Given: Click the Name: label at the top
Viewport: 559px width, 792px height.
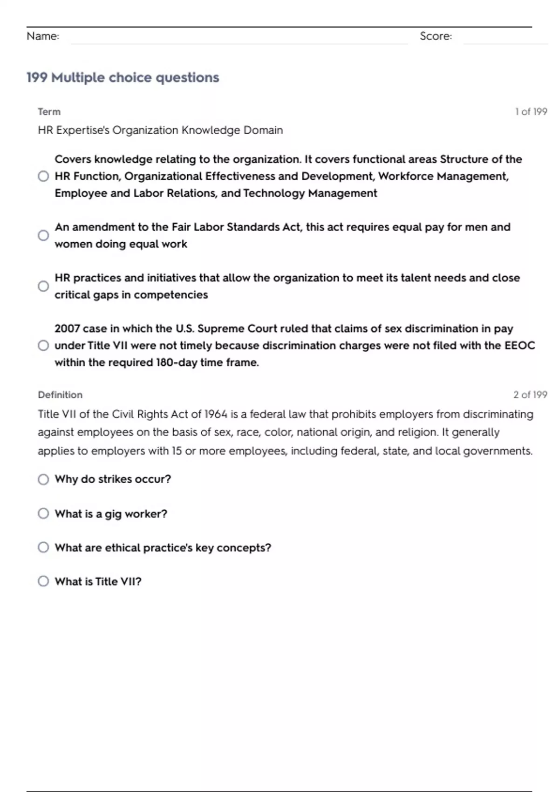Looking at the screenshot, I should pyautogui.click(x=43, y=36).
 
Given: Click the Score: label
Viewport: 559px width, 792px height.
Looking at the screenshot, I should pyautogui.click(x=436, y=36).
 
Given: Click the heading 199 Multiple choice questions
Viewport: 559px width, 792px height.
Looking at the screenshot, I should pyautogui.click(x=123, y=77).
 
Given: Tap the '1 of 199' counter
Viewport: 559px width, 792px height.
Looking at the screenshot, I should pyautogui.click(x=531, y=112).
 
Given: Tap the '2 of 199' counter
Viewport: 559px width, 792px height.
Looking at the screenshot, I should pyautogui.click(x=530, y=395).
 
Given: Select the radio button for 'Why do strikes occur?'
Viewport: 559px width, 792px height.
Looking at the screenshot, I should pyautogui.click(x=43, y=479).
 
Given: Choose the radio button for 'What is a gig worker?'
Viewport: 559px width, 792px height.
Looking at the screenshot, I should pyautogui.click(x=43, y=513).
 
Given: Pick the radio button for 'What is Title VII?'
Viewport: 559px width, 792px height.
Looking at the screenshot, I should pyautogui.click(x=43, y=581).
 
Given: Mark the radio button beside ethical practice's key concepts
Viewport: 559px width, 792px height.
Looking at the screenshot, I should pyautogui.click(x=43, y=547).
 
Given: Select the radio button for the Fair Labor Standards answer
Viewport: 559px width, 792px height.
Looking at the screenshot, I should pyautogui.click(x=43, y=235).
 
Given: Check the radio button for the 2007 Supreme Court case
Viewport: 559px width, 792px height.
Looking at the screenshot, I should pyautogui.click(x=43, y=346).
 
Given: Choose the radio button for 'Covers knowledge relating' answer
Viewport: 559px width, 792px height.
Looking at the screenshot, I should pyautogui.click(x=43, y=176).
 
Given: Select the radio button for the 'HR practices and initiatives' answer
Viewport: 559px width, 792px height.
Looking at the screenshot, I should pyautogui.click(x=43, y=286).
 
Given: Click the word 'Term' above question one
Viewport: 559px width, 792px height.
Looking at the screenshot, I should pyautogui.click(x=49, y=112).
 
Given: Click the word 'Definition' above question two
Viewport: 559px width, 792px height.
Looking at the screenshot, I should pyautogui.click(x=60, y=395).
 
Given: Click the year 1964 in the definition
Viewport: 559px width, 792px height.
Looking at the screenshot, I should pyautogui.click(x=216, y=414).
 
